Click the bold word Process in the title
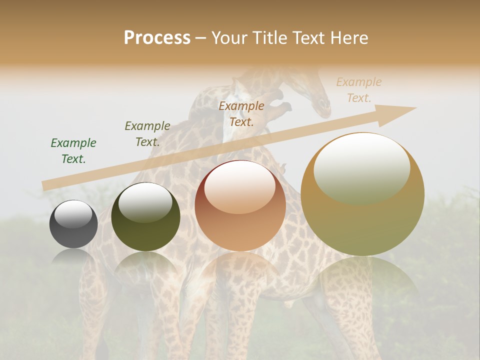tap(157, 38)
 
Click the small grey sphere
tap(73, 224)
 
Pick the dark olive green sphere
tap(145, 217)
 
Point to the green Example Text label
tap(73, 151)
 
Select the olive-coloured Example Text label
tap(147, 134)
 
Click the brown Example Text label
tap(241, 113)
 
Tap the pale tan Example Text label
tap(359, 90)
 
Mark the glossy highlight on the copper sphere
tap(239, 186)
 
